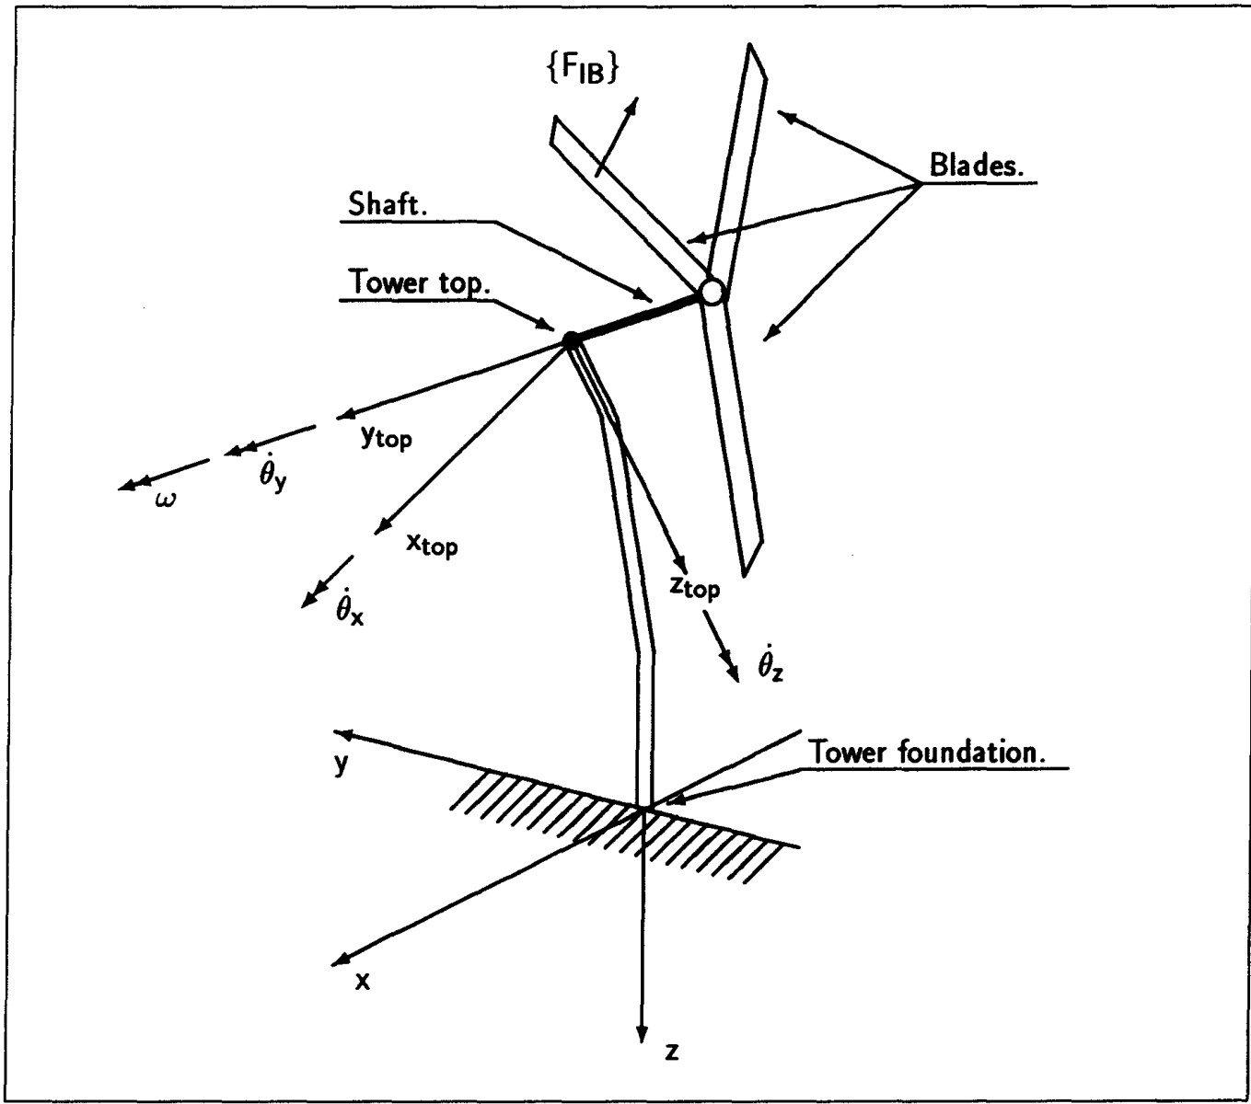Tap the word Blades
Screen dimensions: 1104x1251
979,166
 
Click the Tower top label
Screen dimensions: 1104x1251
420,282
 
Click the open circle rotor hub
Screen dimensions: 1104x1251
712,292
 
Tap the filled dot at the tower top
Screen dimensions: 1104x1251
572,341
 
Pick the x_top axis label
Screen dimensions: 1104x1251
432,545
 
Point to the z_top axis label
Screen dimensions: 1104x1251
694,585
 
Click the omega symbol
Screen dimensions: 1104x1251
165,500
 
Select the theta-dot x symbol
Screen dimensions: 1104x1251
349,606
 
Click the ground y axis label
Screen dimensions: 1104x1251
342,764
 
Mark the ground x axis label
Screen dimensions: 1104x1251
363,982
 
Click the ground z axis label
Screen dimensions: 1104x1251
672,1052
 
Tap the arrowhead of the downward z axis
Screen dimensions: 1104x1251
642,1034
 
